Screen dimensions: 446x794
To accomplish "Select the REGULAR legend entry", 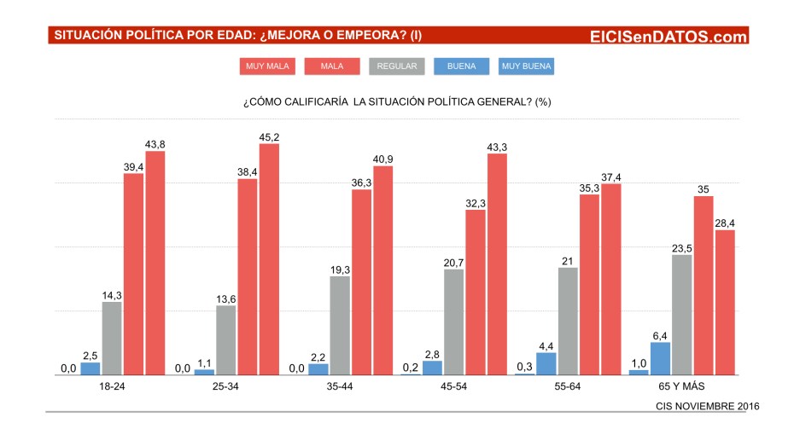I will [396, 66].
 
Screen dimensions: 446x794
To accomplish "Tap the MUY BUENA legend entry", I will [527, 66].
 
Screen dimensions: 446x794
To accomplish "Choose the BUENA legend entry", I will [462, 66].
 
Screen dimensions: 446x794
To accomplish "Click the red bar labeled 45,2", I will [269, 259].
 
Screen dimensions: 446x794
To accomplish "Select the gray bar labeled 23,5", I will [681, 315].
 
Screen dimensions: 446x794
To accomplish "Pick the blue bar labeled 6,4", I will [660, 358].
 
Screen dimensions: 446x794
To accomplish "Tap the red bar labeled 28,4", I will [724, 303].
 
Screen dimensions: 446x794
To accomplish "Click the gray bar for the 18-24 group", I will [112, 339].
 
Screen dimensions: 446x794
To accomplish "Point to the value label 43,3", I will [497, 148].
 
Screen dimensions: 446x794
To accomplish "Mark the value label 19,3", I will [340, 269].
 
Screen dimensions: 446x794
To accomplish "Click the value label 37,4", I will [611, 177].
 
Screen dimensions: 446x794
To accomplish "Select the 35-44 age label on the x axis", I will [340, 386].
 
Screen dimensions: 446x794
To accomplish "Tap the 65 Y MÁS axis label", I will [681, 386].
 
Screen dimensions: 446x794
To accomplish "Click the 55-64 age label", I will [568, 386].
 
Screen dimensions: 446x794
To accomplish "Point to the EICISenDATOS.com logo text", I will [668, 36].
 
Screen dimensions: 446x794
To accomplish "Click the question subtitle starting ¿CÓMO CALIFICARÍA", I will [397, 101].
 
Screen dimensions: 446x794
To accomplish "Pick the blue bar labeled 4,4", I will [546, 363].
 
